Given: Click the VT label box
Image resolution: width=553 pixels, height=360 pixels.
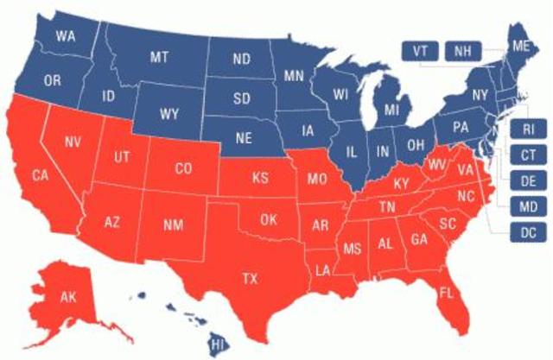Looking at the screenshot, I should pos(420,51).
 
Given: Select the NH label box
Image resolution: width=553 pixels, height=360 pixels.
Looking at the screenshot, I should pos(463,51).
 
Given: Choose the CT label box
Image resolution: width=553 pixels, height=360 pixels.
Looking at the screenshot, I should pos(528,156).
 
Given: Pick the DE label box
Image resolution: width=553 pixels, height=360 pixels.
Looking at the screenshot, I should pos(528,181).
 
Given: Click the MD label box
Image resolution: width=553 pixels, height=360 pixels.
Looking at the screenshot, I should pos(528,207).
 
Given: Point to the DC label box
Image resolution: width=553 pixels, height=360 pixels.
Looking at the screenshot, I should pos(528,233).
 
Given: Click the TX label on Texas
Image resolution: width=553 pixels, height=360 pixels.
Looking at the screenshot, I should pos(250,278).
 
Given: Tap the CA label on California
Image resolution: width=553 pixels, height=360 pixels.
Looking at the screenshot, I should pos(41,176).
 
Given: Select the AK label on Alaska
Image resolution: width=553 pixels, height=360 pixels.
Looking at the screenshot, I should pos(68,297).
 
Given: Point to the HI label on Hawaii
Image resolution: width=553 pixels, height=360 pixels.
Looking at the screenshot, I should pos(219,344).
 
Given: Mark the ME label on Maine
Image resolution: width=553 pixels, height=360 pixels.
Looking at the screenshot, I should pos(521,46).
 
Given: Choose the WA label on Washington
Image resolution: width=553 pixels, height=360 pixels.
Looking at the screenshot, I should pos(65,36).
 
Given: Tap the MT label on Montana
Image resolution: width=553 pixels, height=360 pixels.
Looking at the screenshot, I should pos(158,57).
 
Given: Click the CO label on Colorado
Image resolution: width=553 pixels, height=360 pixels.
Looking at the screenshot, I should pos(183,169).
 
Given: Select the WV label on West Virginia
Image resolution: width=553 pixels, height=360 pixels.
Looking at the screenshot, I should pos(436,164).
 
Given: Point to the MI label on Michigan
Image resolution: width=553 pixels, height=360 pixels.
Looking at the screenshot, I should pos(391,110).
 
